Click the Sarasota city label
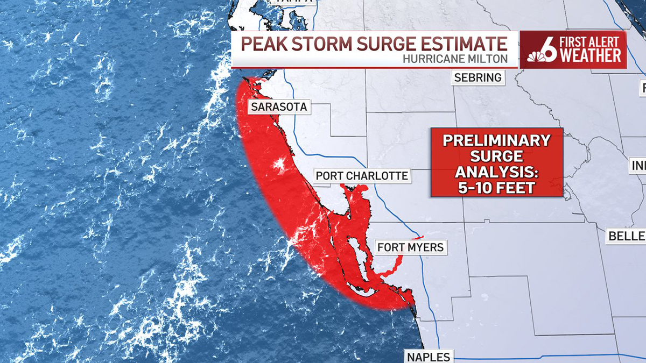point(279,107)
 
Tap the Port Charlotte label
point(362,176)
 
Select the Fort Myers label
point(410,247)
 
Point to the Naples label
point(429,357)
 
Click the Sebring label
point(478,77)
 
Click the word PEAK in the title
point(261,44)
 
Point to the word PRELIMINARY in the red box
point(496,141)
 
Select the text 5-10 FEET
point(496,188)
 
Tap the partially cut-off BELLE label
point(627,236)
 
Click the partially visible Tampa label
point(294,2)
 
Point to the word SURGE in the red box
point(496,156)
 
